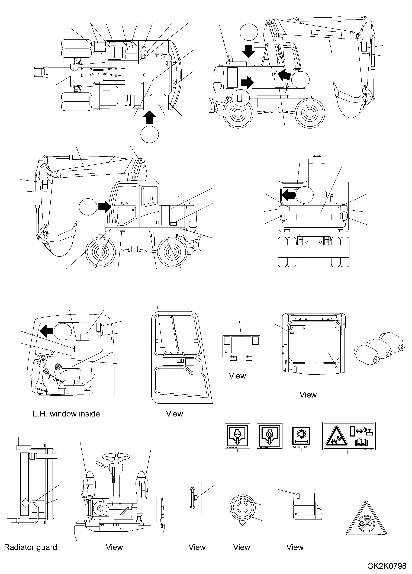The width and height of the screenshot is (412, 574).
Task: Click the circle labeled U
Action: (x=239, y=98)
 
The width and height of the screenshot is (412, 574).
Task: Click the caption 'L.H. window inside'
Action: (x=66, y=414)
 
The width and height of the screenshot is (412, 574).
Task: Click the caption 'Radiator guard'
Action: (x=30, y=547)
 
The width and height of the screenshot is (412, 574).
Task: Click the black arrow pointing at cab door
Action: (x=105, y=207)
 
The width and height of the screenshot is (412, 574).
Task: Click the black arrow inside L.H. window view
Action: (x=47, y=331)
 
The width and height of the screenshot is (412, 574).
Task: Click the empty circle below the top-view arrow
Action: (x=150, y=134)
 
